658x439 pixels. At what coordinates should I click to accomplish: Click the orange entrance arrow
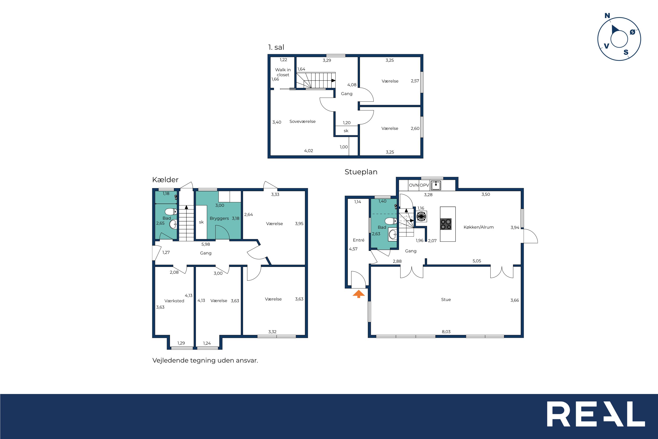[x=359, y=294]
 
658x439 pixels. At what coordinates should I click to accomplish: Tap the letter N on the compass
[x=607, y=16]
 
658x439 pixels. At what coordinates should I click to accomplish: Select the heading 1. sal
[x=276, y=47]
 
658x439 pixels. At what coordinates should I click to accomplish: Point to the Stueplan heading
[x=361, y=172]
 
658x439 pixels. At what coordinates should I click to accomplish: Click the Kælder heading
[x=165, y=180]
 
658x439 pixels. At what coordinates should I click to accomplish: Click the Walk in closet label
[x=283, y=72]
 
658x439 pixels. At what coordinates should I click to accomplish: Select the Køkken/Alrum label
[x=479, y=227]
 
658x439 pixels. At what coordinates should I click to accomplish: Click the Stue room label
[x=446, y=299]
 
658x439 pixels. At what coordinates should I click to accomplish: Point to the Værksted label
[x=174, y=301]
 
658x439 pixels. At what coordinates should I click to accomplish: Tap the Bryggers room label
[x=219, y=218]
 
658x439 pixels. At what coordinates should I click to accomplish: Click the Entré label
[x=359, y=240]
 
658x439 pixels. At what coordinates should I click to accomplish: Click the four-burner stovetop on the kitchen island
[x=446, y=224]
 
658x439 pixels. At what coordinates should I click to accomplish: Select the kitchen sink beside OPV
[x=436, y=185]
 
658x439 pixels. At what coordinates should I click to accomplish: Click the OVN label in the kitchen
[x=414, y=185]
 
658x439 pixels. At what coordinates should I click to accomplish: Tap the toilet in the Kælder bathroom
[x=171, y=211]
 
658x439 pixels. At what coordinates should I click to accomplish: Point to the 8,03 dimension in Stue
[x=446, y=332]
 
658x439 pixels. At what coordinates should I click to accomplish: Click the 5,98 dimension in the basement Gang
[x=206, y=244]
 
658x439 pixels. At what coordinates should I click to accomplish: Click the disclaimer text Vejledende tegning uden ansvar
[x=205, y=360]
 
